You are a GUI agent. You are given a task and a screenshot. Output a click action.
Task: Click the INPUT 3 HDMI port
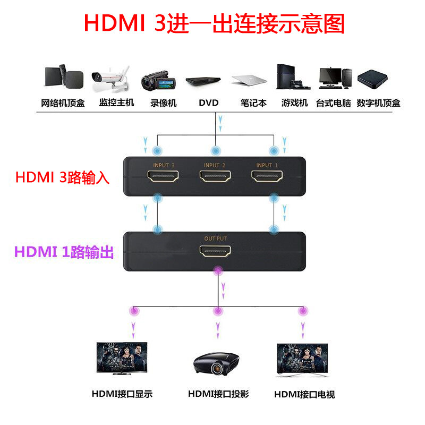coord(164,177)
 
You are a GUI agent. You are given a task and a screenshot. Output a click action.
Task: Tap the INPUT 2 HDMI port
coord(215,177)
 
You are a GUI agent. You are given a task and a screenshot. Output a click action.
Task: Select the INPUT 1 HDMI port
coord(267,177)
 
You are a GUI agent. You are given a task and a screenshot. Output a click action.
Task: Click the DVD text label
coord(209,103)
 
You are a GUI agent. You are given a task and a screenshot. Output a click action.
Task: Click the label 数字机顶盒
coord(379,103)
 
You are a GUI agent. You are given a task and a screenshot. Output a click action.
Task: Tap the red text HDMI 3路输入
coord(62,177)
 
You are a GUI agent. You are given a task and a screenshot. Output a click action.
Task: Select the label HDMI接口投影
coord(218,394)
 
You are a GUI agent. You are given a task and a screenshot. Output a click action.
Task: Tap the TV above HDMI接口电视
coord(302,359)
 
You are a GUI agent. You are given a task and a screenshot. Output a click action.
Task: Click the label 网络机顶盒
coord(63,103)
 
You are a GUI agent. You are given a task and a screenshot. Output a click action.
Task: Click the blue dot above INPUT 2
coord(215,151)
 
